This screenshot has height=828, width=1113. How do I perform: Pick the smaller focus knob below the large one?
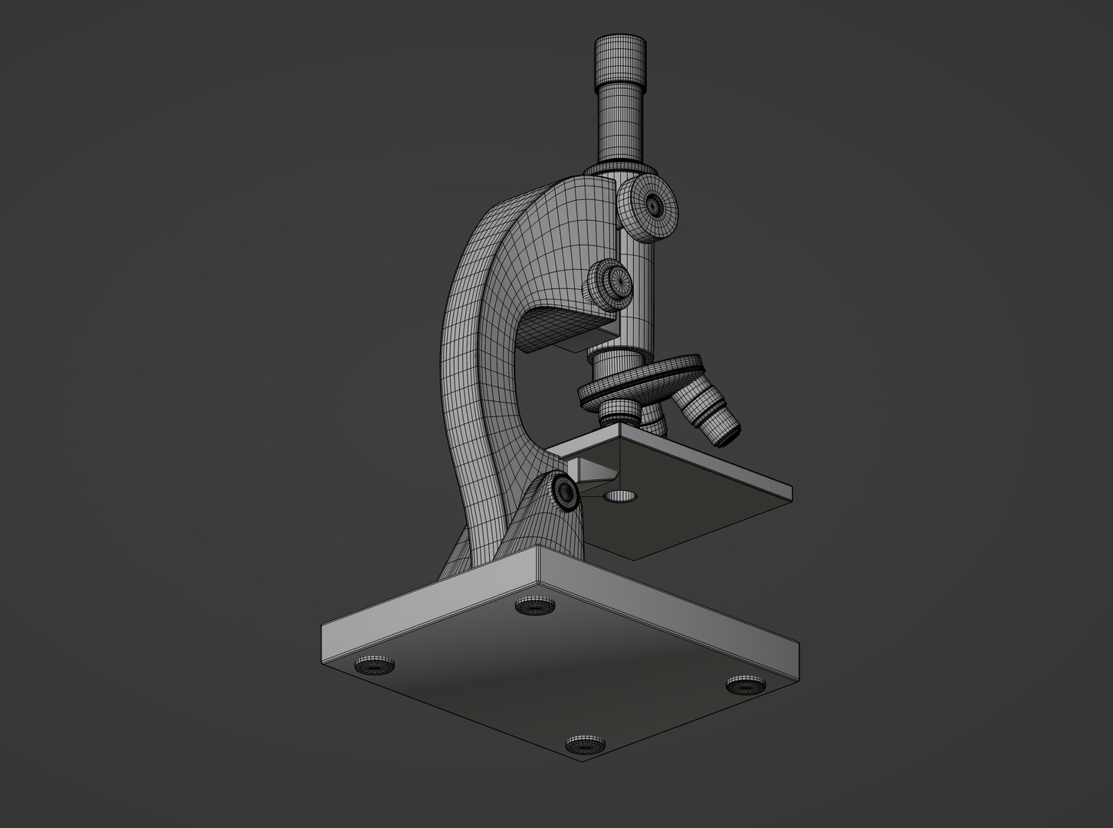[611, 282]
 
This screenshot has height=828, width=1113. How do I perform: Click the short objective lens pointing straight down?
[619, 412]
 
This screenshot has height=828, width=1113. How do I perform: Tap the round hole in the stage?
[620, 497]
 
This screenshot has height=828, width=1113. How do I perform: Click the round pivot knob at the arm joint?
[566, 491]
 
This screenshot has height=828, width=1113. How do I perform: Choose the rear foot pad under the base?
[535, 606]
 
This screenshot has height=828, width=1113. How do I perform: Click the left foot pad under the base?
[376, 665]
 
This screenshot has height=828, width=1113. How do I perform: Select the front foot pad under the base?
[586, 744]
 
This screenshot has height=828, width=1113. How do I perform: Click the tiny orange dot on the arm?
[477, 356]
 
